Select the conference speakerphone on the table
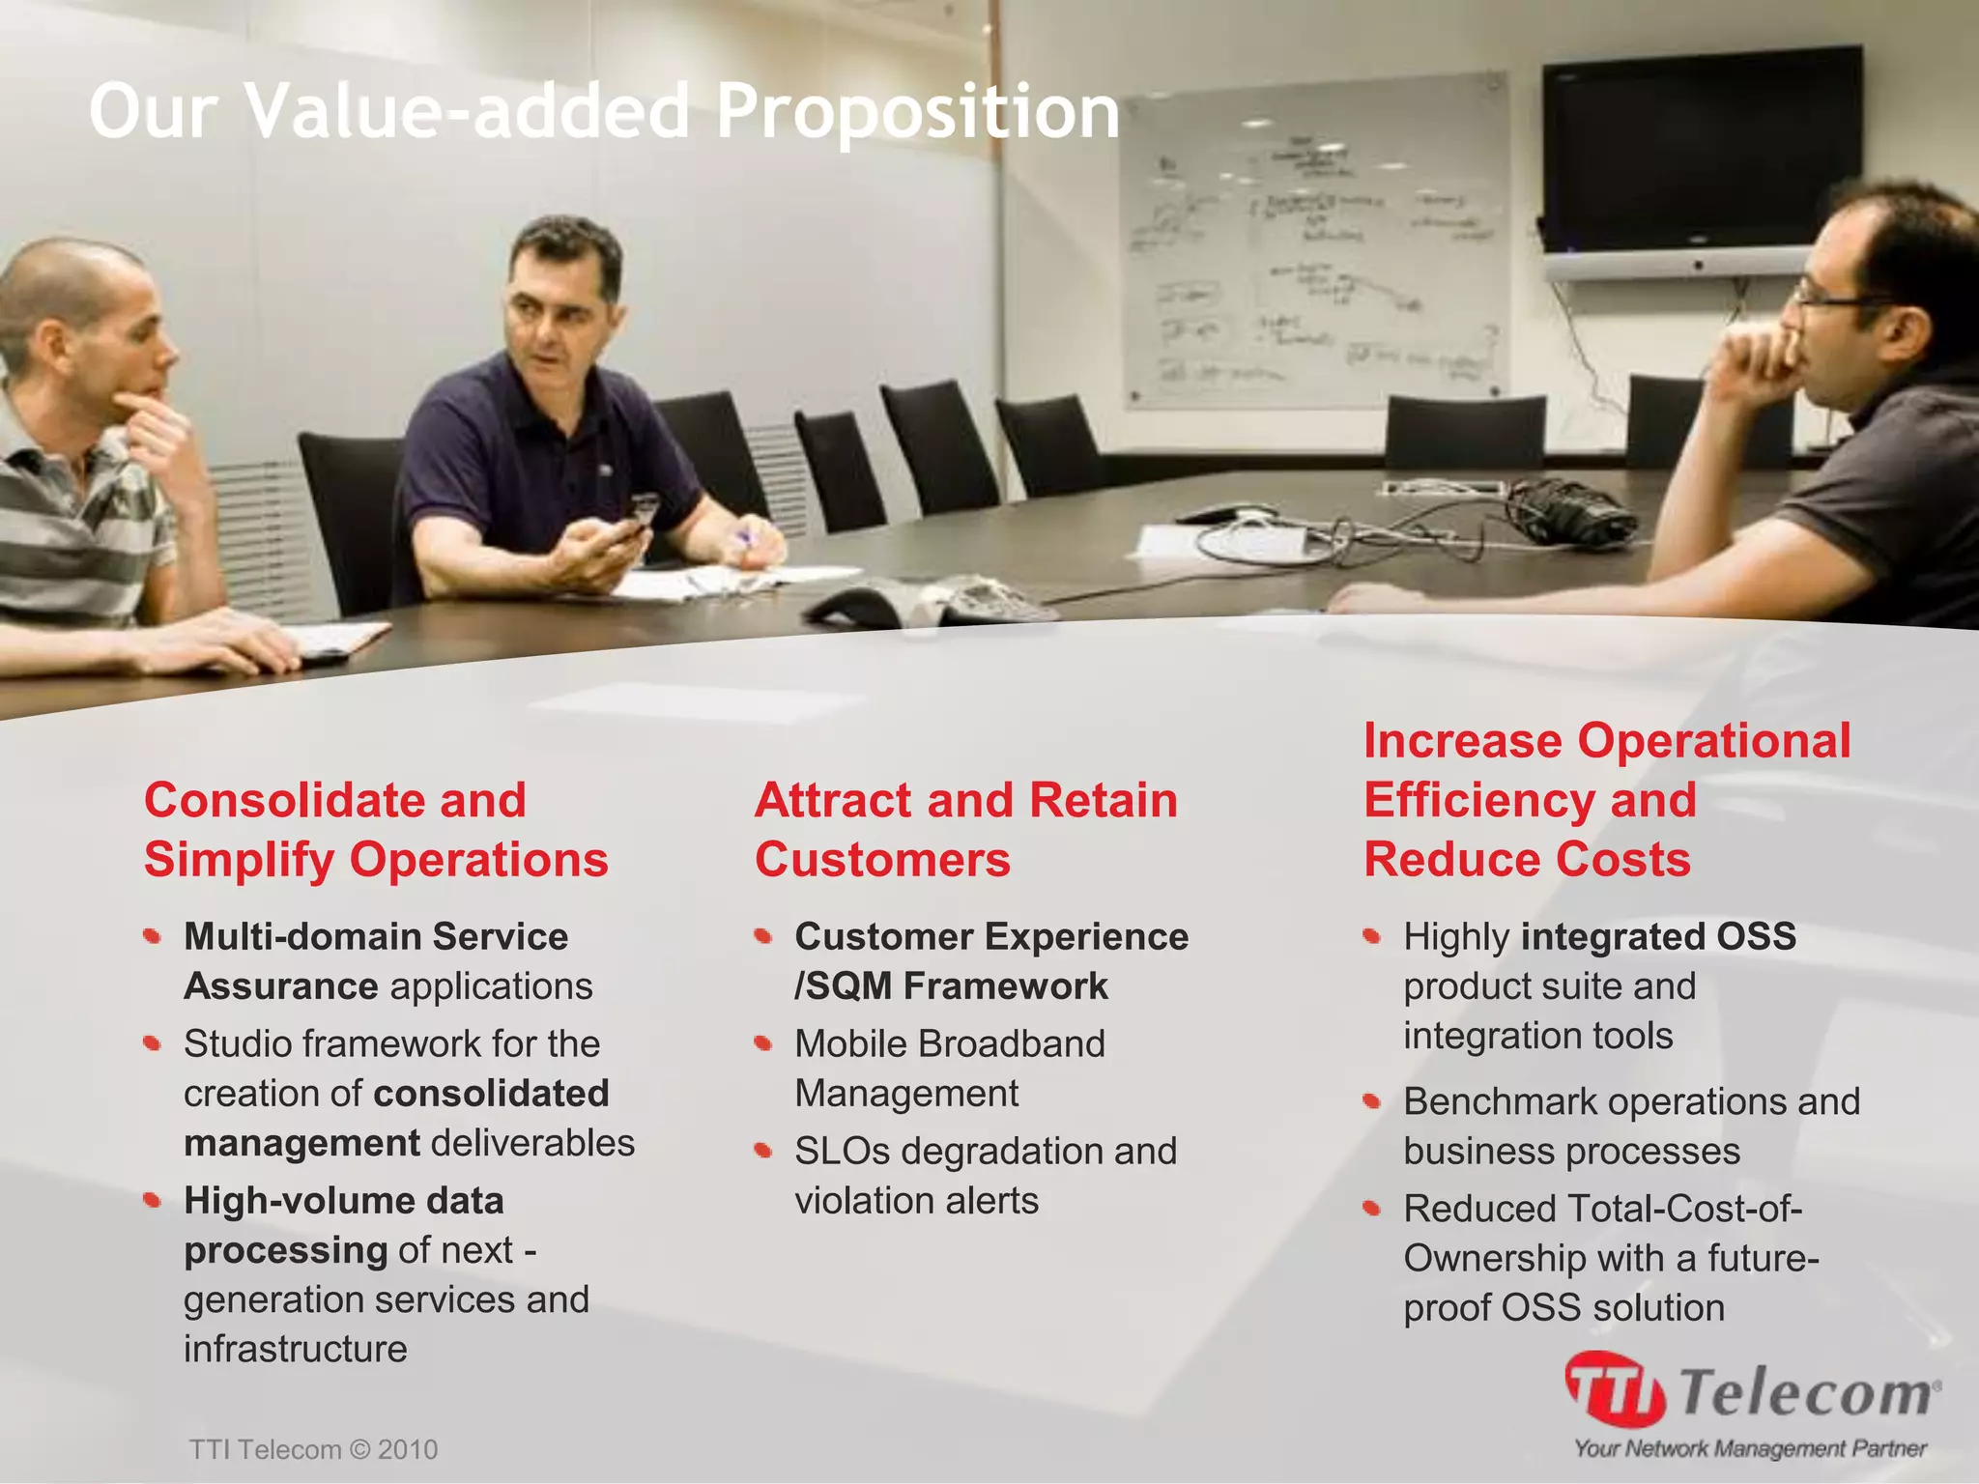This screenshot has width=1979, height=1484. point(928,601)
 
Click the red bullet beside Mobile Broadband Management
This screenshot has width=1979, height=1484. point(763,1042)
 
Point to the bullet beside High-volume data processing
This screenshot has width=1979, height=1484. point(152,1200)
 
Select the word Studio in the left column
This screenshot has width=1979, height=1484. point(237,1043)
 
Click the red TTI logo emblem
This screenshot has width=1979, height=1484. point(1614,1389)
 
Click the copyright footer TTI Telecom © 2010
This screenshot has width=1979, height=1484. point(313,1449)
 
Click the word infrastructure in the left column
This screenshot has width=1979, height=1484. point(296,1349)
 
